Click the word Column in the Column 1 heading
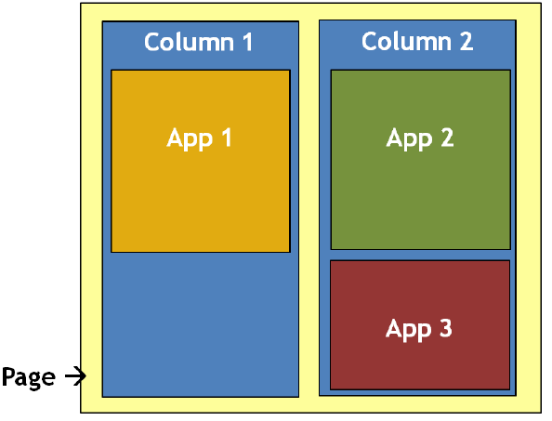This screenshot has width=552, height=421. pyautogui.click(x=186, y=42)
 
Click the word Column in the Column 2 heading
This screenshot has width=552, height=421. pyautogui.click(x=403, y=42)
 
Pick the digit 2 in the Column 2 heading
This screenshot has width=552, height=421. pyautogui.click(x=465, y=42)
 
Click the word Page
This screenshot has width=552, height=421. pyautogui.click(x=28, y=378)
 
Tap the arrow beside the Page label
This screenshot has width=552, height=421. pyautogui.click(x=75, y=376)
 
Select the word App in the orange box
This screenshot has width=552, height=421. pyautogui.click(x=187, y=138)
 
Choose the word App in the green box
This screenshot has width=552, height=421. pyautogui.click(x=407, y=138)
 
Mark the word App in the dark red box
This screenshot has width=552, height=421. pyautogui.click(x=406, y=330)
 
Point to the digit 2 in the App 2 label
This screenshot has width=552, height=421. pyautogui.click(x=445, y=138)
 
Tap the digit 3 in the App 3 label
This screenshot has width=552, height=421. pyautogui.click(x=444, y=329)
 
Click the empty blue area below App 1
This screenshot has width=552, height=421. pyautogui.click(x=200, y=325)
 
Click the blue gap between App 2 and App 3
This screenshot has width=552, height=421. pyautogui.click(x=420, y=255)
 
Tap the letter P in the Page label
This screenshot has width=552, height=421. pyautogui.click(x=9, y=377)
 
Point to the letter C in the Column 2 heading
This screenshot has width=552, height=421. pyautogui.click(x=370, y=42)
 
